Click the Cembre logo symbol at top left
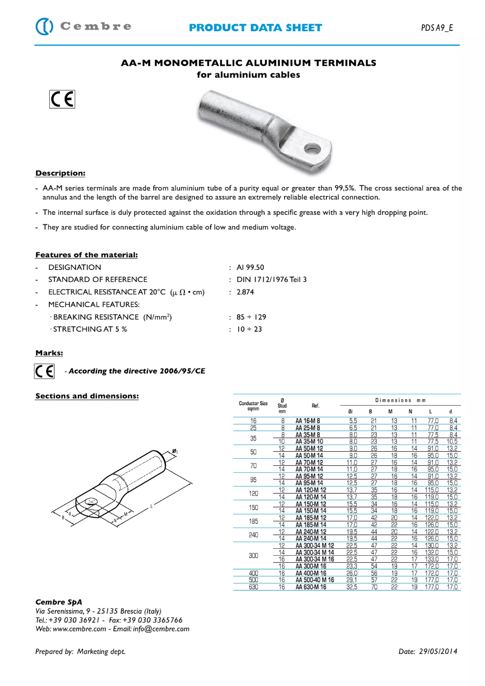[x=44, y=26]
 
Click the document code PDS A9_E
[x=437, y=28]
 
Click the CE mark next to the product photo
[x=62, y=99]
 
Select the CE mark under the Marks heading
[x=44, y=371]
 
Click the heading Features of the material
[x=86, y=255]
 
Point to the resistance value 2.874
[x=245, y=292]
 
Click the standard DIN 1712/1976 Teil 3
[x=271, y=279]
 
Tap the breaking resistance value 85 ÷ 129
[x=251, y=317]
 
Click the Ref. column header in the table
[x=315, y=405]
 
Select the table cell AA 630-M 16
[x=311, y=587]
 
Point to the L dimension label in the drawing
[x=152, y=506]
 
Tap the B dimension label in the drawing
[x=63, y=517]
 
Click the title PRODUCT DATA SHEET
[x=255, y=28]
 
